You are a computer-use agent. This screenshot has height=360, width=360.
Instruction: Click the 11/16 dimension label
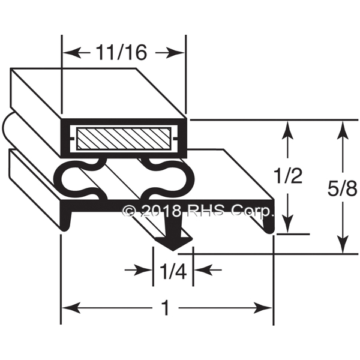(121, 52)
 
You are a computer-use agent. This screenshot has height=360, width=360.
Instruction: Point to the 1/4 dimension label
(173, 271)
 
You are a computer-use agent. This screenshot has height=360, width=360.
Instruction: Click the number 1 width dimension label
(166, 308)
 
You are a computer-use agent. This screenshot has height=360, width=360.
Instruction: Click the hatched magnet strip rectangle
(124, 139)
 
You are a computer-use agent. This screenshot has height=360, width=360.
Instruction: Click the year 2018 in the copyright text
(160, 211)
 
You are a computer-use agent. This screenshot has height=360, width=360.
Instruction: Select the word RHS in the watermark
(205, 211)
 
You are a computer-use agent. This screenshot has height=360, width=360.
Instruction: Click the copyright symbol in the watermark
(129, 211)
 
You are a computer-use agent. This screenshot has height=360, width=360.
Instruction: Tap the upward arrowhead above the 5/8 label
(343, 130)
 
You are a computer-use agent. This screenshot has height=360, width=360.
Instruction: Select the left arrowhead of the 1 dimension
(71, 308)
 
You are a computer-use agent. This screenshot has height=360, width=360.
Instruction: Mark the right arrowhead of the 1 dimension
(263, 308)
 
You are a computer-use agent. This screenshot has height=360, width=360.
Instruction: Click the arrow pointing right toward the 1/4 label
(139, 270)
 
